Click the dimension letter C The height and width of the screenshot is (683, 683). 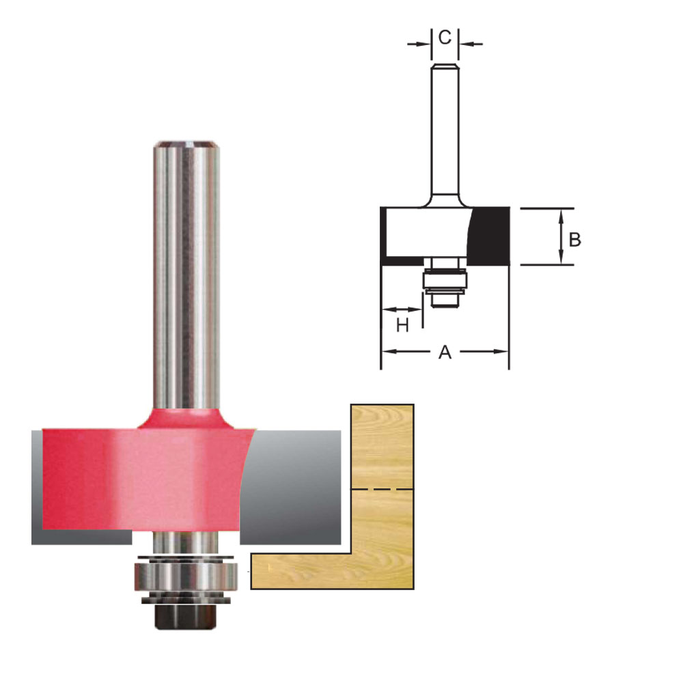pyautogui.click(x=445, y=38)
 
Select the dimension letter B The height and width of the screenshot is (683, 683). pyautogui.click(x=575, y=240)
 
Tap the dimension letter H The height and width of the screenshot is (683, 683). pyautogui.click(x=402, y=325)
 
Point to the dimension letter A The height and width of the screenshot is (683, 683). pyautogui.click(x=445, y=352)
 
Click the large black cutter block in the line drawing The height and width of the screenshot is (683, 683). pyautogui.click(x=490, y=236)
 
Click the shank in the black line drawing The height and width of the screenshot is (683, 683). pyautogui.click(x=445, y=135)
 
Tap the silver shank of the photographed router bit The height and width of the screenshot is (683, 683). pyautogui.click(x=186, y=275)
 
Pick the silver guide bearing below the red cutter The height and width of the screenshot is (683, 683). pyautogui.click(x=186, y=576)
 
